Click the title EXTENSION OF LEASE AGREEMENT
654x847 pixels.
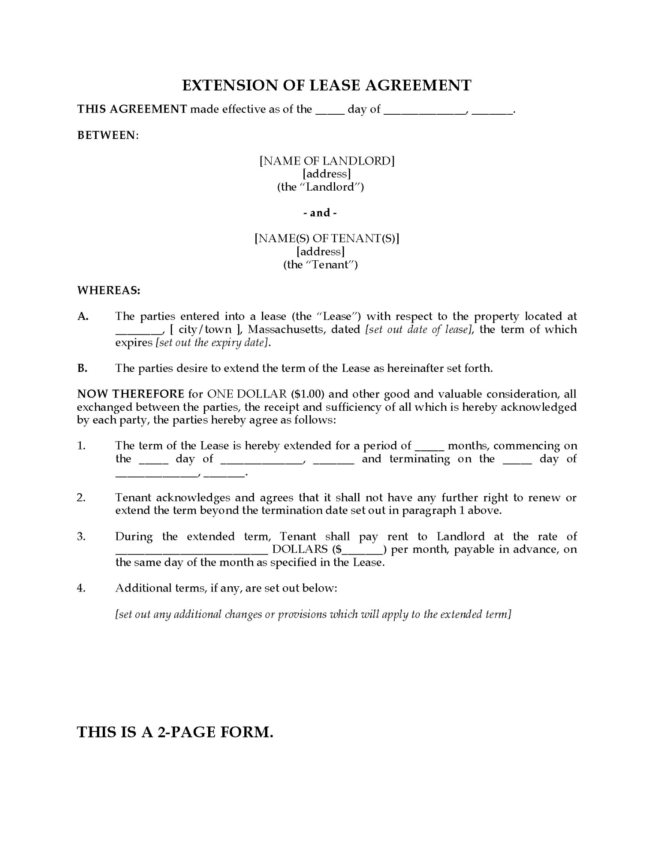(327, 85)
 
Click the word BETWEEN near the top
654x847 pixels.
(107, 135)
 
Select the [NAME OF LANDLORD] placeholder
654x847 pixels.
(327, 161)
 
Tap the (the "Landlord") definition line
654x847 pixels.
(321, 187)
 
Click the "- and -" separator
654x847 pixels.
(320, 213)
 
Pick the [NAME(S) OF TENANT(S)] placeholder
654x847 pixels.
(327, 239)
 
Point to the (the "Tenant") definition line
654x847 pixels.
(321, 265)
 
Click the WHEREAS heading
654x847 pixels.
(108, 290)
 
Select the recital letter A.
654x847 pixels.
(82, 316)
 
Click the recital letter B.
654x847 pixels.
(82, 368)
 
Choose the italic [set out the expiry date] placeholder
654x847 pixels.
(212, 343)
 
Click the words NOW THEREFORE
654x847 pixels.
(131, 394)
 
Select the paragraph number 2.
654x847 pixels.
(81, 498)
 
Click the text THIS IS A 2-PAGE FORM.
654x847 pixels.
(175, 733)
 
